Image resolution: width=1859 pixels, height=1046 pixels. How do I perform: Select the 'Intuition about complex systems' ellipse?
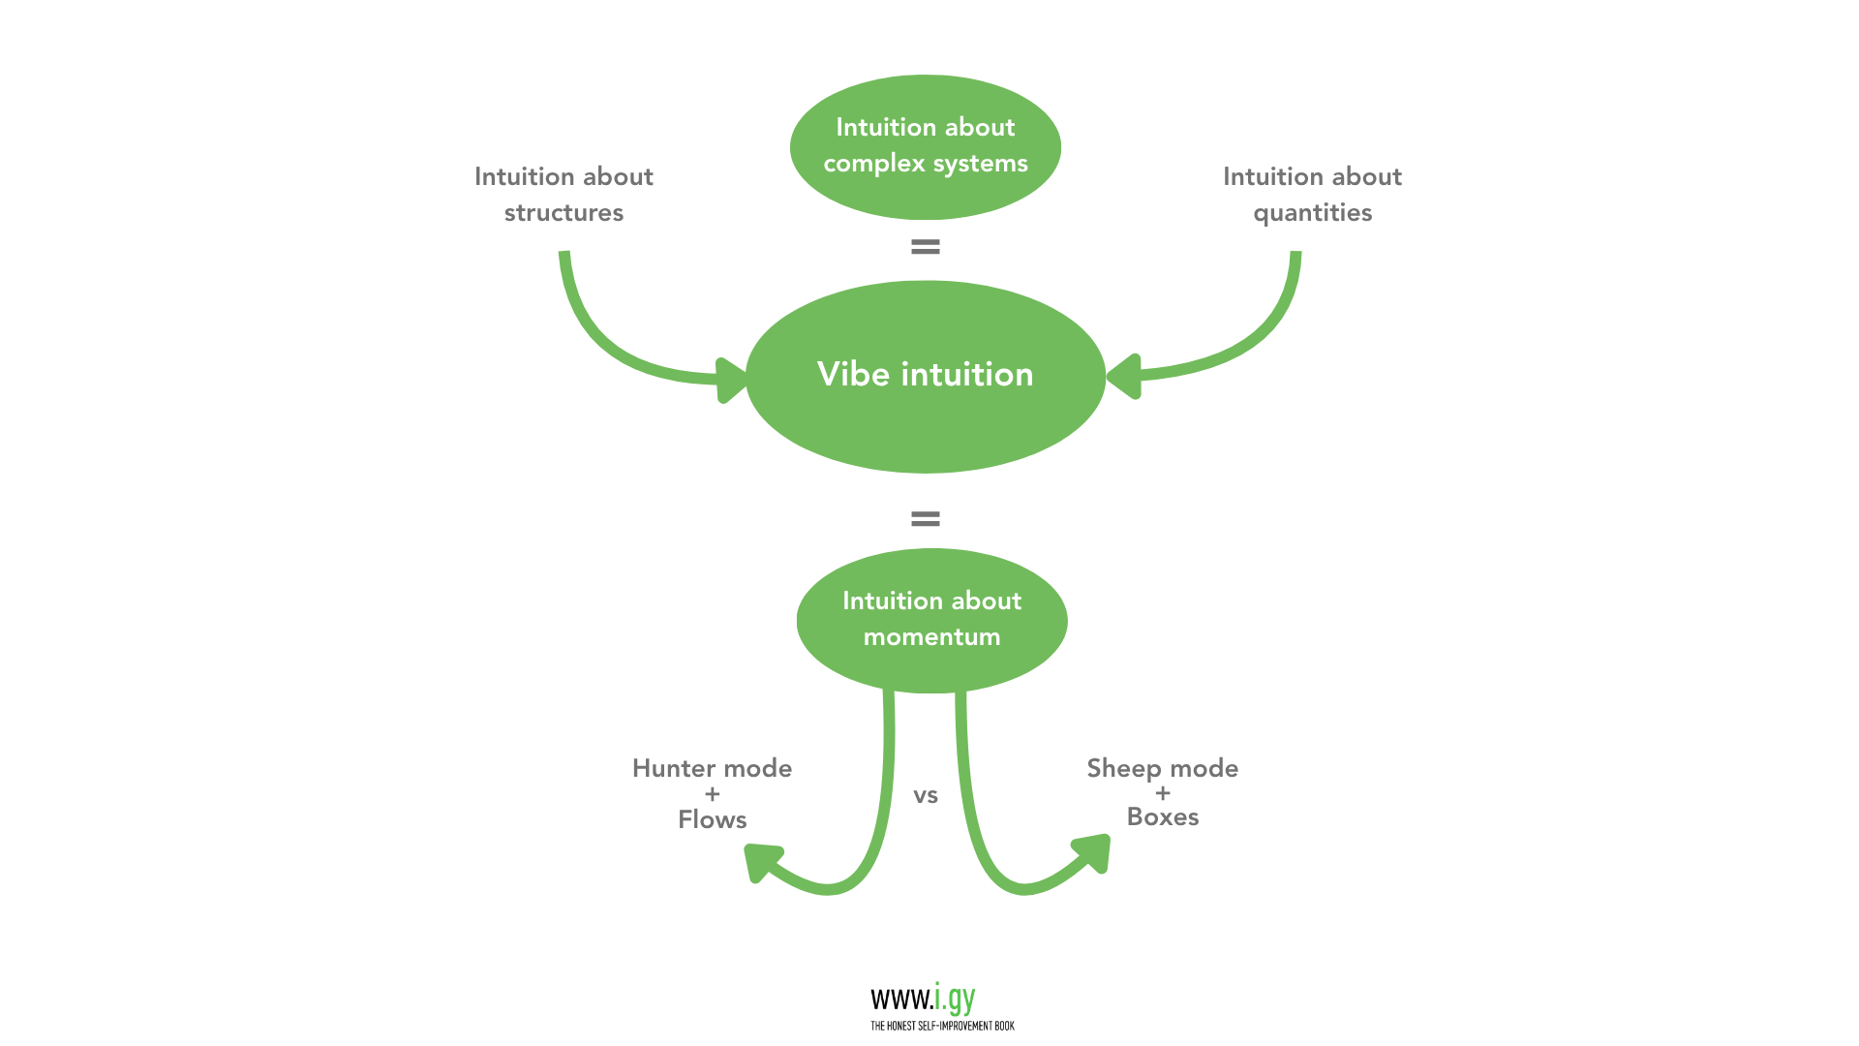[925, 145]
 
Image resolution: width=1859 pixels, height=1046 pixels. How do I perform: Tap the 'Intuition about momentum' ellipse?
[931, 620]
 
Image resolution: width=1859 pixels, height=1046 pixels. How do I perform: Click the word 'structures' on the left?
[564, 213]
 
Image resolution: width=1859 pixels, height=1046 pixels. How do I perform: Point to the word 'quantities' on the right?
[1312, 213]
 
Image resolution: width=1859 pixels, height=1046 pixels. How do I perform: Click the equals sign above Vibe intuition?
[925, 247]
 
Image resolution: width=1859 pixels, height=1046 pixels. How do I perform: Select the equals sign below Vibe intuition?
[925, 519]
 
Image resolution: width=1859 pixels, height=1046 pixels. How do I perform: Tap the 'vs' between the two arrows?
[925, 796]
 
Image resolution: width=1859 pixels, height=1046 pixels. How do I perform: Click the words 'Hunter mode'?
[712, 768]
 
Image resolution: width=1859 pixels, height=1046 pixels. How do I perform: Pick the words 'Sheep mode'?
[1162, 768]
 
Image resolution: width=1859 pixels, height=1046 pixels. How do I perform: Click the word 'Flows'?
[712, 819]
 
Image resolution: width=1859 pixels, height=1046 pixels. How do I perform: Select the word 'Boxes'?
[1162, 816]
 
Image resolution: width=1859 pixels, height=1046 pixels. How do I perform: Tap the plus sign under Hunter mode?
[712, 794]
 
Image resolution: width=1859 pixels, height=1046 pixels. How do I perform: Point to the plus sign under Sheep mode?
[1162, 793]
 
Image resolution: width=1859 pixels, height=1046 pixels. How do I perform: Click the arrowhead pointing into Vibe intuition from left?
[731, 380]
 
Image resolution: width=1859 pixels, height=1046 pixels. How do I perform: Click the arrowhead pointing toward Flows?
[761, 860]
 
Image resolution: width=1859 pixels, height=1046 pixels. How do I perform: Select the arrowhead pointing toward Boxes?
[1094, 852]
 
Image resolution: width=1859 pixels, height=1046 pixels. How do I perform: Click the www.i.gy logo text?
[923, 999]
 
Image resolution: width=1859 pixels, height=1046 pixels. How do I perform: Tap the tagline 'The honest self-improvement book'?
[941, 1026]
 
